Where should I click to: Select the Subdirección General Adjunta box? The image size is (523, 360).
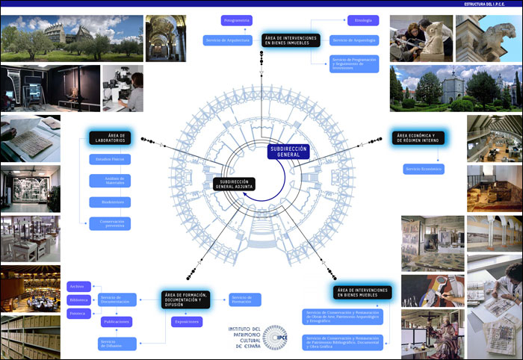pyautogui.click(x=234, y=184)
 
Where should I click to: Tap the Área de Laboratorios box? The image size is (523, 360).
pyautogui.click(x=109, y=137)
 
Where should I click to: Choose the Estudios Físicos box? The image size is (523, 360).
pyautogui.click(x=109, y=159)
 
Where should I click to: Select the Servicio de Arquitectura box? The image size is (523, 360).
pyautogui.click(x=228, y=40)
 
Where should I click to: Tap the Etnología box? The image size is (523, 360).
pyautogui.click(x=364, y=20)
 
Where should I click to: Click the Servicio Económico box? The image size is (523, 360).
pyautogui.click(x=424, y=170)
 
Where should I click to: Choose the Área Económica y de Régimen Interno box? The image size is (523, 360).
pyautogui.click(x=421, y=137)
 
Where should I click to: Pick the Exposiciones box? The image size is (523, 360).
pyautogui.click(x=187, y=322)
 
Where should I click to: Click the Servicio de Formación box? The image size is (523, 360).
pyautogui.click(x=245, y=300)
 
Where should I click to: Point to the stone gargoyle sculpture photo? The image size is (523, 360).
pyautogui.click(x=489, y=37)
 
